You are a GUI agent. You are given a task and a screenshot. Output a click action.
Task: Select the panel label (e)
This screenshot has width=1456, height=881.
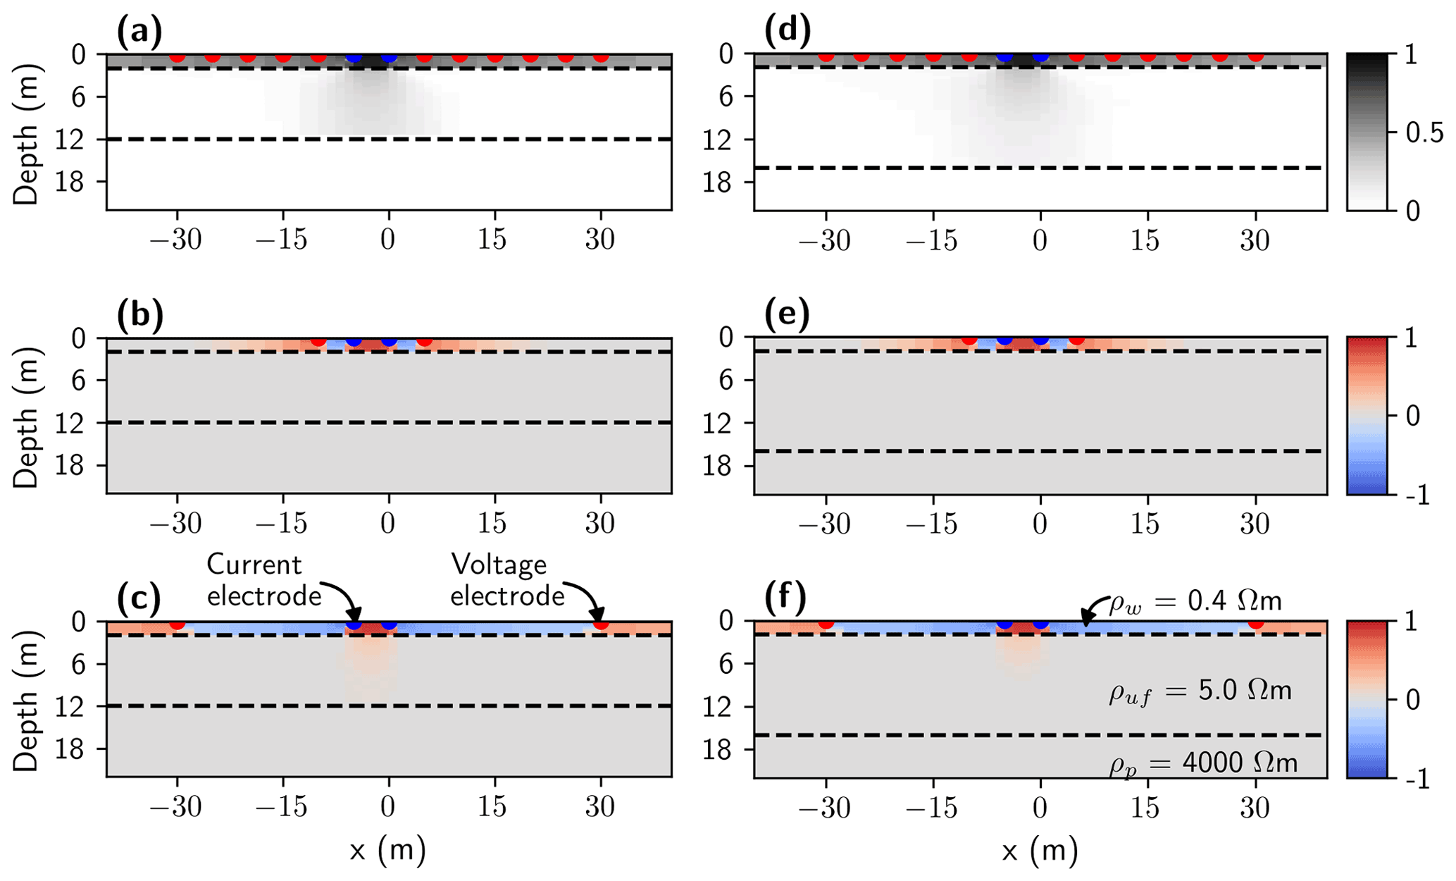[x=787, y=315]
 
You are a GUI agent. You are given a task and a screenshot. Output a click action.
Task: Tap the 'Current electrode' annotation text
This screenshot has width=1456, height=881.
[x=264, y=580]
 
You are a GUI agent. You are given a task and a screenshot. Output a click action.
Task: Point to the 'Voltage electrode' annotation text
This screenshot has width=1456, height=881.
[x=507, y=580]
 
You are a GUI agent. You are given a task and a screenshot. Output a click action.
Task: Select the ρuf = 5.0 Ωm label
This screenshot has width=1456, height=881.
[x=1200, y=691]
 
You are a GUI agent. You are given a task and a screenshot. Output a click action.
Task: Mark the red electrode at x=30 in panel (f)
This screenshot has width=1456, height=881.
[x=1255, y=624]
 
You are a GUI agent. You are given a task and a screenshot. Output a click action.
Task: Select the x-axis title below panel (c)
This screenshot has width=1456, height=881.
[x=387, y=851]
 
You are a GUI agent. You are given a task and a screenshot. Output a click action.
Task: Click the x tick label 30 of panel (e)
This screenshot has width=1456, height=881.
[x=1255, y=523]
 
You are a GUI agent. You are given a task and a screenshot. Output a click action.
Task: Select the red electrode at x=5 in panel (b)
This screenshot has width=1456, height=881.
[x=424, y=341]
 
